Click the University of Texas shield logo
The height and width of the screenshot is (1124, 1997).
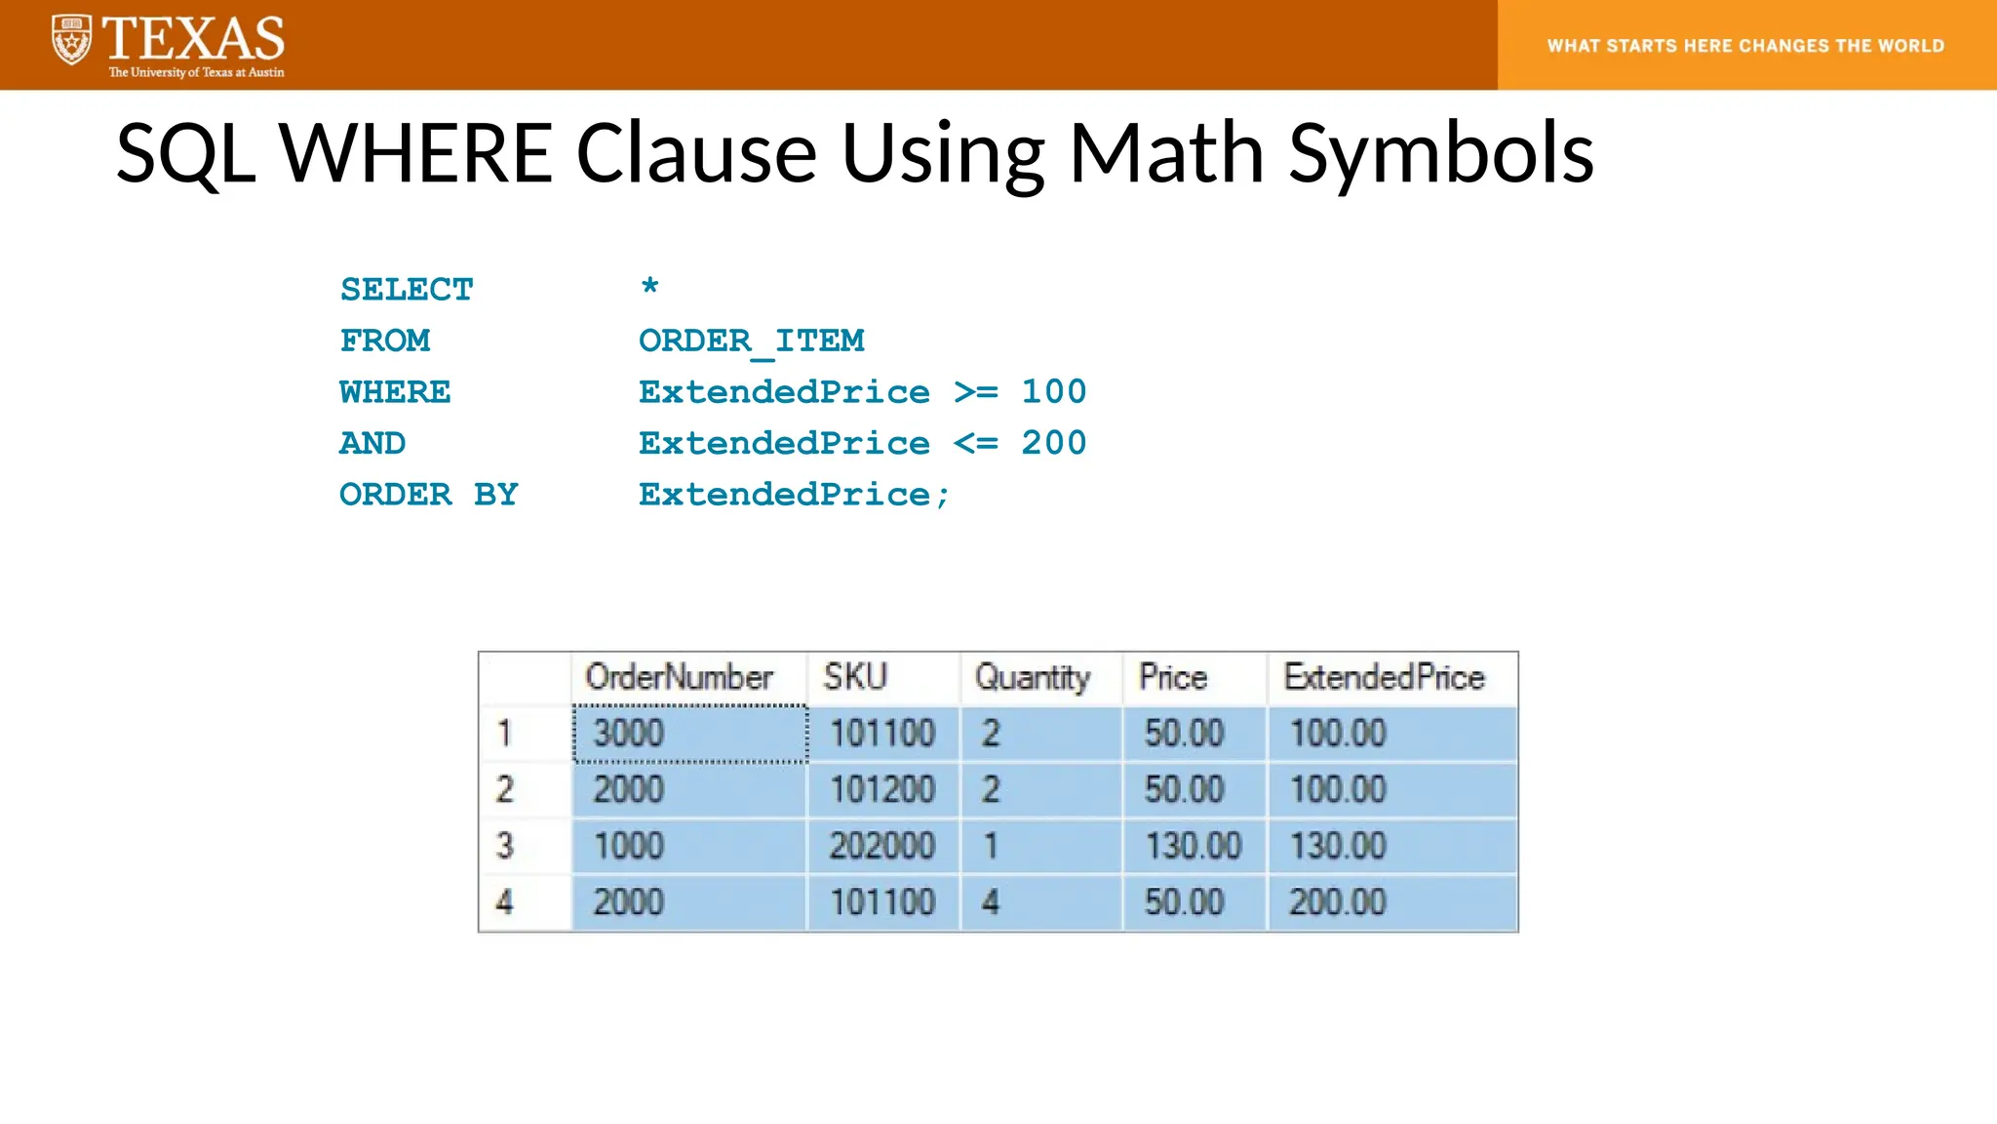point(71,40)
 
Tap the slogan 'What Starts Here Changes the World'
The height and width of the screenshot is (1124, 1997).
point(1745,46)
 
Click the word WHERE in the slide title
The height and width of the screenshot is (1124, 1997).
point(416,153)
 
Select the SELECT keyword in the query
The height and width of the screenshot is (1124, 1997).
point(407,290)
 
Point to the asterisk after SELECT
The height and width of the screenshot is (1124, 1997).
point(649,287)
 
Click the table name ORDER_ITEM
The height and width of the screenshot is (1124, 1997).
point(751,341)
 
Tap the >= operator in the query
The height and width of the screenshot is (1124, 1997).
point(976,392)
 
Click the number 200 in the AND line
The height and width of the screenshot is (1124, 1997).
point(1053,443)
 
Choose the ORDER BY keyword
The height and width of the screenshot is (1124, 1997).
point(428,495)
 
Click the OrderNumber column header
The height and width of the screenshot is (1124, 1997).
point(679,677)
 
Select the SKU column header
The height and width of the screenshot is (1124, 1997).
point(855,677)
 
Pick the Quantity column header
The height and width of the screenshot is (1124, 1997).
point(1033,677)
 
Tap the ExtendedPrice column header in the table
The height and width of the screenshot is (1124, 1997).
point(1384,677)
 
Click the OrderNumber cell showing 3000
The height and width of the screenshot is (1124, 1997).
point(629,733)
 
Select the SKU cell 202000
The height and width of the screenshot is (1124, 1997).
point(881,846)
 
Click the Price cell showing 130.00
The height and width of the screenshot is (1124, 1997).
point(1193,846)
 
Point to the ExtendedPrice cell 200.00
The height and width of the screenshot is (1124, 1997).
point(1338,903)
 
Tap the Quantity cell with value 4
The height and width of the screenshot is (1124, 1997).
point(991,903)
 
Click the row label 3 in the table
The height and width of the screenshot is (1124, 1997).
point(504,846)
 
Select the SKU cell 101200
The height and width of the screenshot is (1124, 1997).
point(881,789)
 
